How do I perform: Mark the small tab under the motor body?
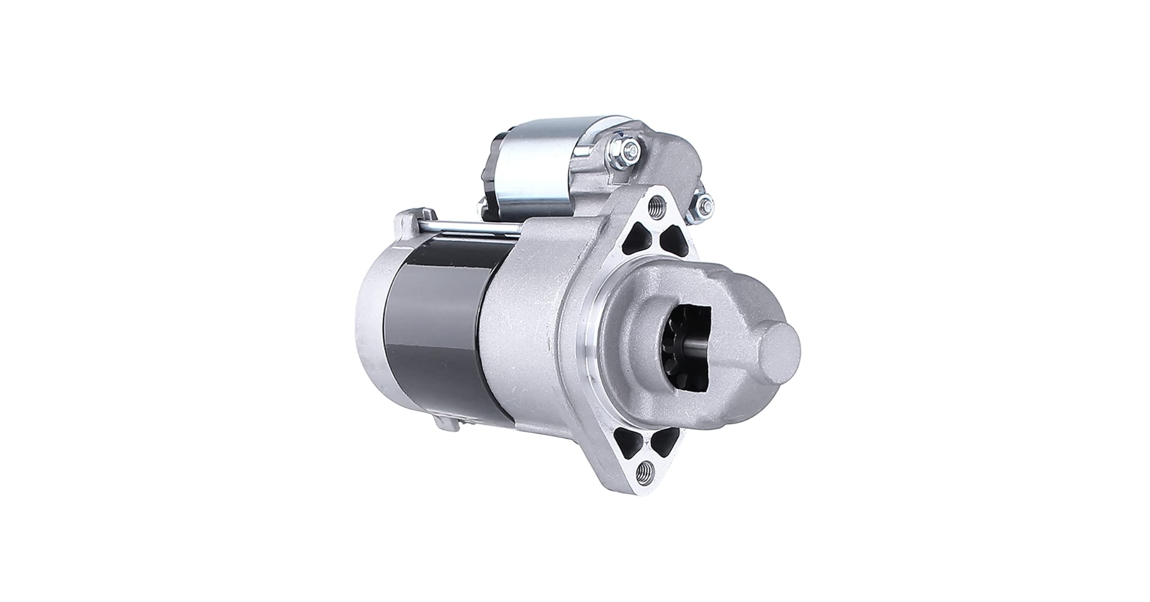pos(449,422)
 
